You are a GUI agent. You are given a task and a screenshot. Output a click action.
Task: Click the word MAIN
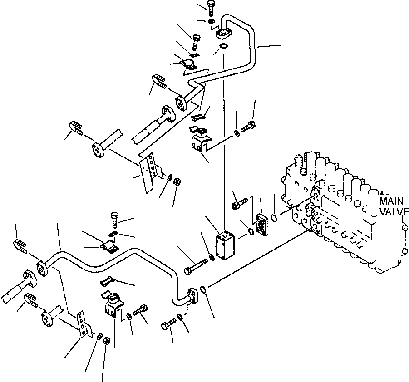[391, 201]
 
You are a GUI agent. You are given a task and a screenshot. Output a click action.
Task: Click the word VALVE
[394, 212]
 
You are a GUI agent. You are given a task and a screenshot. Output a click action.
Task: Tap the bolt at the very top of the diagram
[211, 9]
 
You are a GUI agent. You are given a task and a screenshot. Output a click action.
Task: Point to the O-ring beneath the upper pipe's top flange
[223, 46]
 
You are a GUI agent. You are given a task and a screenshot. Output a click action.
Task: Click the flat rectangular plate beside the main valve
[262, 225]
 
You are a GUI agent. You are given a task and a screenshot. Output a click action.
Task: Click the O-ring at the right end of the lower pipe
[204, 289]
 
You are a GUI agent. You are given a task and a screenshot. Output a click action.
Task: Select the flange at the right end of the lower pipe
[193, 295]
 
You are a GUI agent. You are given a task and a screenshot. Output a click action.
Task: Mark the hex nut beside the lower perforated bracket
[106, 341]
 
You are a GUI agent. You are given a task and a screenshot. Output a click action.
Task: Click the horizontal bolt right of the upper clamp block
[248, 127]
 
